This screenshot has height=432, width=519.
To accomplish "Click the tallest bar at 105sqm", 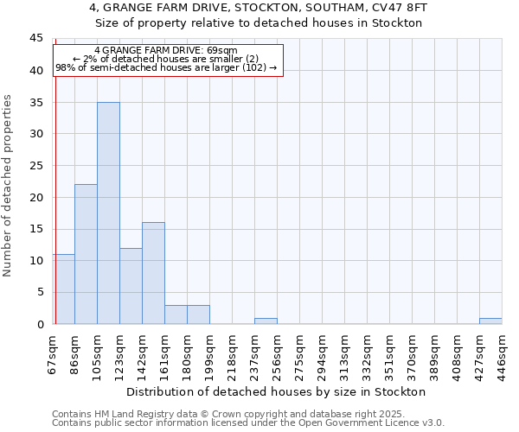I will (x=108, y=213).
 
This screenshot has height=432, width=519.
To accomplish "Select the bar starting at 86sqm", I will (x=86, y=254).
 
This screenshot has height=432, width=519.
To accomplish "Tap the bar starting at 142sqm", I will (x=153, y=273).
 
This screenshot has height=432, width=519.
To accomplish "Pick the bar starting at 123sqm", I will (x=131, y=286).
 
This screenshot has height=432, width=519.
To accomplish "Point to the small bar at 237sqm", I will (x=266, y=321).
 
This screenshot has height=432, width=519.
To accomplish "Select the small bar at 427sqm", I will (x=490, y=321).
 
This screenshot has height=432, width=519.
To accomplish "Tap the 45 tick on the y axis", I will (x=36, y=39).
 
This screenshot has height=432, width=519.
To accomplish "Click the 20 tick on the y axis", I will (x=36, y=197).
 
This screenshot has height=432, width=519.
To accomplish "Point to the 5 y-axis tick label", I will (x=40, y=292).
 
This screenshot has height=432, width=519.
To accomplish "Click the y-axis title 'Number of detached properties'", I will (x=9, y=186).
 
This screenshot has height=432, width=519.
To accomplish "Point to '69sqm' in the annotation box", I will (x=221, y=51).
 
